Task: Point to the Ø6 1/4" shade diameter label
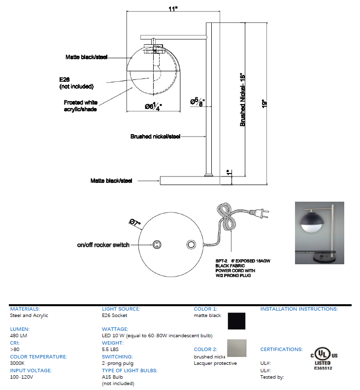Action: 152,106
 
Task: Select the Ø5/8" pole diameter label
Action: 197,102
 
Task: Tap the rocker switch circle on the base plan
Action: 157,245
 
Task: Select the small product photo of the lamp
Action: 319,233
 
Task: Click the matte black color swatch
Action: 237,321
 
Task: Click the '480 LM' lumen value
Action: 19,336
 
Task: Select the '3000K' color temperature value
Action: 18,363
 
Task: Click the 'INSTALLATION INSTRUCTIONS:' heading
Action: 298,309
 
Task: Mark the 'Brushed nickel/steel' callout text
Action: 155,136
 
